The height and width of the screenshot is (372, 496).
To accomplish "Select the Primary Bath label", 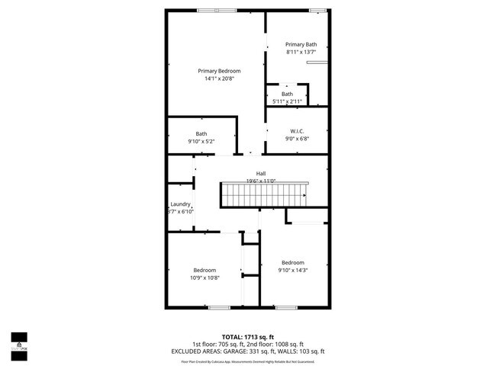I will [x=300, y=44].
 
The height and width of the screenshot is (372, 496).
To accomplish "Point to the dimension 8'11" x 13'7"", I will [x=300, y=52].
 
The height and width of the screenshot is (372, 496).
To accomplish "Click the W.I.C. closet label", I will [x=297, y=130].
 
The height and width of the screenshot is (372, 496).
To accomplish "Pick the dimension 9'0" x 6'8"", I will [x=297, y=139].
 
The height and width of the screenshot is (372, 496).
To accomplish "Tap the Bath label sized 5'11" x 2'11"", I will [x=287, y=94].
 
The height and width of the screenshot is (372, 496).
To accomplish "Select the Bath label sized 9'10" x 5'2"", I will [x=201, y=133].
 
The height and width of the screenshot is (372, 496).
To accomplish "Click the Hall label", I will [x=260, y=173].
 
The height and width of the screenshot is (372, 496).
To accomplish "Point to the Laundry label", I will [x=180, y=204].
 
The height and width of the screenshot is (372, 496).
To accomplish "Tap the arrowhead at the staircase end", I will [x=304, y=196].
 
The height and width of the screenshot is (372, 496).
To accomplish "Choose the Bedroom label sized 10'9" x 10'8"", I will [x=205, y=270].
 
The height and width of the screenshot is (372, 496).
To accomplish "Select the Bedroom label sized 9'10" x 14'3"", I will [x=293, y=262].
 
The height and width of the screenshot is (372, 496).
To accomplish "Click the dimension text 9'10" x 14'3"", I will [x=293, y=270].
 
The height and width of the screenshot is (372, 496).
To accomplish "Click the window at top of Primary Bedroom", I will [x=217, y=10].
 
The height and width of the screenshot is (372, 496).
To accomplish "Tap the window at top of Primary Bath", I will [x=317, y=10].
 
